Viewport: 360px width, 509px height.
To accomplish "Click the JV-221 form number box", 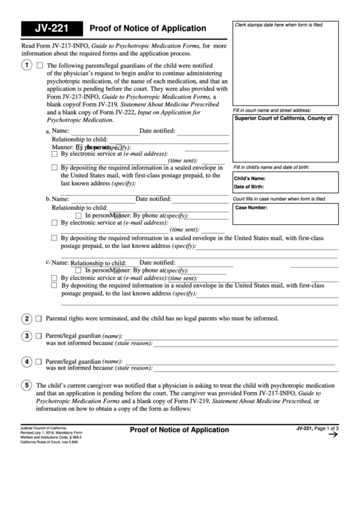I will point(51,29).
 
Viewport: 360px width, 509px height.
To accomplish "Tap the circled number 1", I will point(25,65).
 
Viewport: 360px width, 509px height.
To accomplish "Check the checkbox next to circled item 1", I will point(39,66).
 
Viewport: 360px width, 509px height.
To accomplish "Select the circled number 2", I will point(25,318).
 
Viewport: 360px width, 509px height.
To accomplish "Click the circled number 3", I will point(25,336).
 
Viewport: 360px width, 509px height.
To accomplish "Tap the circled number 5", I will point(25,385).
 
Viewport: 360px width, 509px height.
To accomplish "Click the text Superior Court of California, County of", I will point(283,118).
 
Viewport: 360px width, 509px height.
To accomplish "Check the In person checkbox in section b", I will point(79,215).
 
